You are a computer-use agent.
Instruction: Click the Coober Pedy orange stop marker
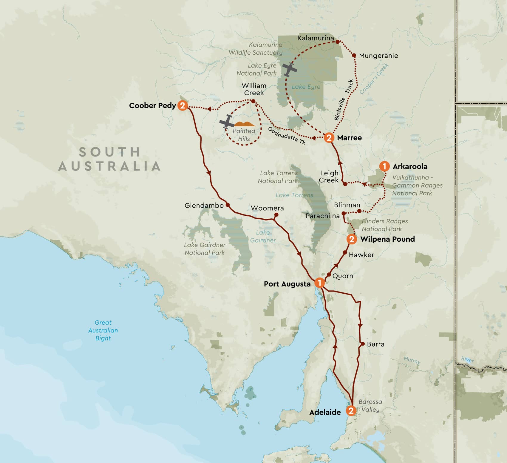(183, 105)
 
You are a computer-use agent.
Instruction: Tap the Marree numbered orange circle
(329, 138)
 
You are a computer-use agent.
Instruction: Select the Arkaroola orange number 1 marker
(384, 166)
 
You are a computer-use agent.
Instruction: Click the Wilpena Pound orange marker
(352, 239)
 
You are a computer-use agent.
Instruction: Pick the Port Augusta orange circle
(319, 283)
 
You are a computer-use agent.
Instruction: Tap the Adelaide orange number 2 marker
(351, 411)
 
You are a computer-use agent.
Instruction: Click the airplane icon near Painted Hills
(227, 122)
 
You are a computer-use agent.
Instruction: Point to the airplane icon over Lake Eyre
(289, 70)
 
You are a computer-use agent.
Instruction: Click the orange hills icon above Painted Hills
(245, 124)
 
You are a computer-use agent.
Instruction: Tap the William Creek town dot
(253, 101)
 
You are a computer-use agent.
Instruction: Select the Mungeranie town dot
(354, 55)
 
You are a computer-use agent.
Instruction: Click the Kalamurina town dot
(338, 42)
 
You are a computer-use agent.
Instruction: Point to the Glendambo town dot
(228, 205)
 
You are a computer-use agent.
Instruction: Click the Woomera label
(267, 208)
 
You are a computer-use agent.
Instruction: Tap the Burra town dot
(363, 344)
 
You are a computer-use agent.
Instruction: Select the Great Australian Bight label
(103, 330)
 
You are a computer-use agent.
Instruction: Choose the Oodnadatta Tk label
(287, 136)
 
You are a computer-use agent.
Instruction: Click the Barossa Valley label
(370, 406)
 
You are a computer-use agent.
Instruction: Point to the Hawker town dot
(345, 252)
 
